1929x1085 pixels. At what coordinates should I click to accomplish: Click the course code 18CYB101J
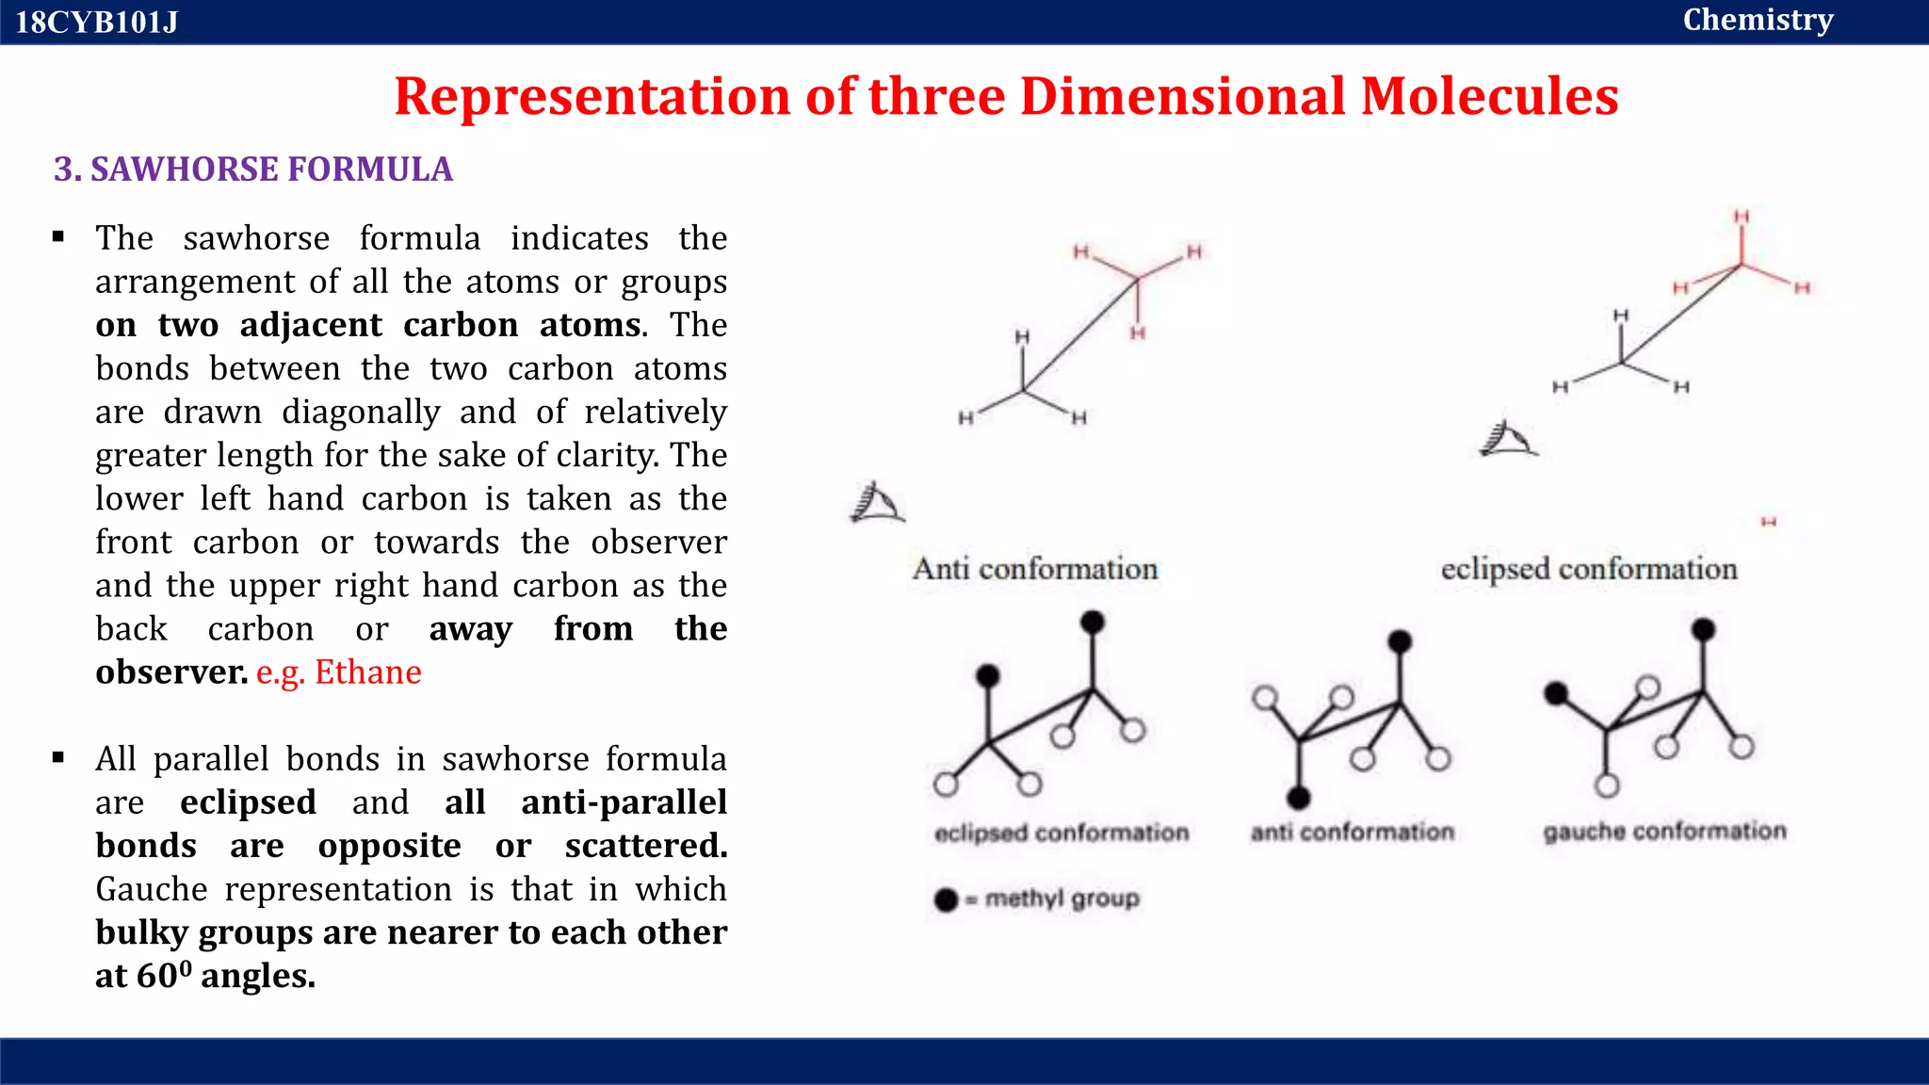[96, 22]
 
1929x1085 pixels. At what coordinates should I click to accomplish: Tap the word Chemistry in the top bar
[1758, 20]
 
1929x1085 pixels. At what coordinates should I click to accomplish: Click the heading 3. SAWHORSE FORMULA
[253, 170]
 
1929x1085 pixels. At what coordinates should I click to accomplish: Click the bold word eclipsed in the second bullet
[248, 802]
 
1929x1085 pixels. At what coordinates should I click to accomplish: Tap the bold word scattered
[646, 846]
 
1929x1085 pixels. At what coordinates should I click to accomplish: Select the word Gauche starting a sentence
[152, 889]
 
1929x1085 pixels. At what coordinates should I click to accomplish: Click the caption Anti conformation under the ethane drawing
[1035, 569]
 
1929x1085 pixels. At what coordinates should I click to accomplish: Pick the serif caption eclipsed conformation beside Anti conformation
[1589, 569]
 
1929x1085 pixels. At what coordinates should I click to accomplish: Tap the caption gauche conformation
[1664, 832]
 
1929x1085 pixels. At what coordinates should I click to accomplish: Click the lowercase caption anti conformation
[1353, 833]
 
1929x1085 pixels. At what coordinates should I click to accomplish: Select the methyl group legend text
[1062, 899]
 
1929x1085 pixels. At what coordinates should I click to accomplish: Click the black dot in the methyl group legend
[946, 900]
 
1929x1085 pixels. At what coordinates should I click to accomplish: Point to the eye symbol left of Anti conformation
[877, 503]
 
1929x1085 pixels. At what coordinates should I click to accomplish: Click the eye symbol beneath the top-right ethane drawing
[1508, 439]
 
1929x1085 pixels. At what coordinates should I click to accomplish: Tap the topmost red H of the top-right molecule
[1742, 218]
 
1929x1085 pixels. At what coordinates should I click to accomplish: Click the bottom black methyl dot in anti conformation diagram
[1299, 799]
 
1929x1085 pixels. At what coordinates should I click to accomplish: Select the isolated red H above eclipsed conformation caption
[1768, 522]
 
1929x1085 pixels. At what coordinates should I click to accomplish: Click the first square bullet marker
[58, 237]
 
